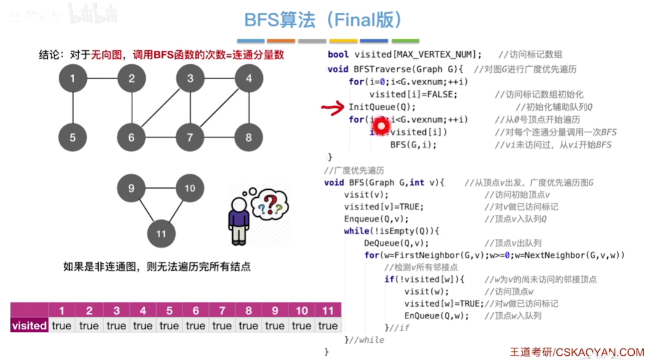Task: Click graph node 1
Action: point(73,78)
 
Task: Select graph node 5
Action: point(73,137)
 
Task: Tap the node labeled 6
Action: point(131,137)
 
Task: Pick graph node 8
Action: point(248,137)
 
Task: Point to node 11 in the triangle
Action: point(161,233)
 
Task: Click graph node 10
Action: point(189,188)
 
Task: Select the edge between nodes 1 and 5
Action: point(73,108)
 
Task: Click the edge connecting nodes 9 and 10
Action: point(161,188)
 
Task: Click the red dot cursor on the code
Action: point(381,126)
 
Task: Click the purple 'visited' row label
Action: point(29,326)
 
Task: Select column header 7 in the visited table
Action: point(222,311)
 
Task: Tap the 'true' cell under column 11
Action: point(328,326)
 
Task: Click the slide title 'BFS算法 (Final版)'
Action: point(323,20)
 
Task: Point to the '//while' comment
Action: point(366,340)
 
